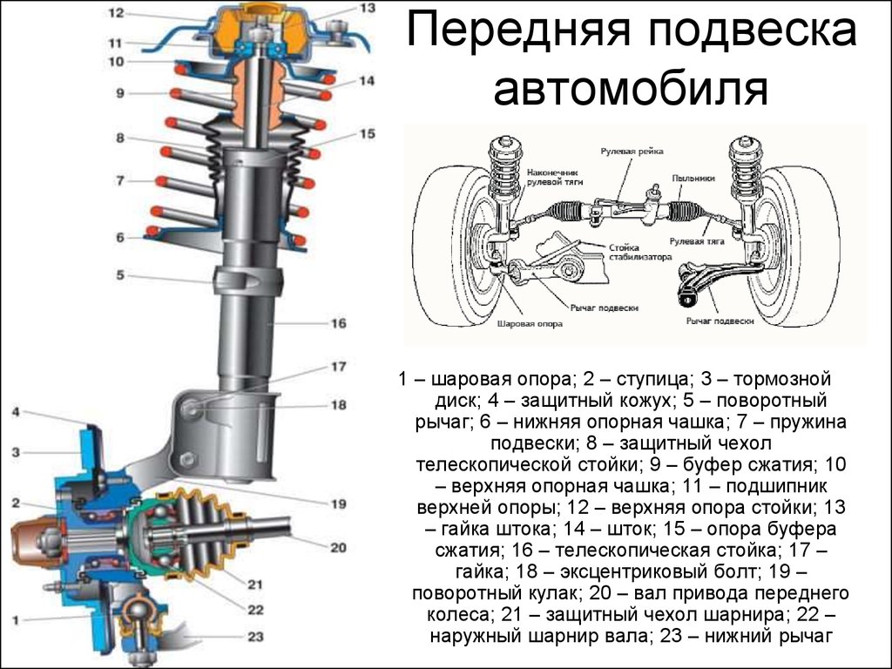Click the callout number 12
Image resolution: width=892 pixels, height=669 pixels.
[x=117, y=13]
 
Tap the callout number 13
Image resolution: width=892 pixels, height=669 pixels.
[x=367, y=8]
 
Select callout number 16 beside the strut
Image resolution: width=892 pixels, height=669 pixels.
[x=338, y=323]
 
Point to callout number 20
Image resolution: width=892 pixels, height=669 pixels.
[x=338, y=547]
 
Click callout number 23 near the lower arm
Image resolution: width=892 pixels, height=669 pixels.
[x=254, y=637]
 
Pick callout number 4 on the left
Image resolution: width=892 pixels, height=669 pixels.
[x=17, y=411]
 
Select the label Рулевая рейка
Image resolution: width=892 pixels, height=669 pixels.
[x=632, y=151]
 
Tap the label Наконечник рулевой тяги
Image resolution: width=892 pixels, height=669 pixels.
[x=553, y=179]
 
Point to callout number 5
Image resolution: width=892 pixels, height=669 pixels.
[x=121, y=276]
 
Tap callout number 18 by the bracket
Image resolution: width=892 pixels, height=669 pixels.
[x=338, y=405]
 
